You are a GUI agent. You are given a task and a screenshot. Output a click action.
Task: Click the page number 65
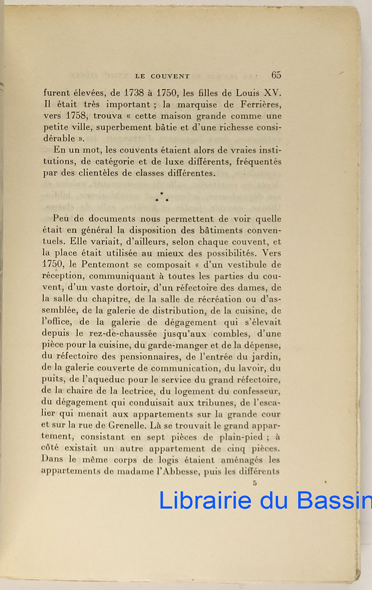276,75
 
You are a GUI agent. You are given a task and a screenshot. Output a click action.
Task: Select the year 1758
75,117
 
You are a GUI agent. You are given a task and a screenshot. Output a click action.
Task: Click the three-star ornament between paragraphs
162,197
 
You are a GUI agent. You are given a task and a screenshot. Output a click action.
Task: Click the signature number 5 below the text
255,483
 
